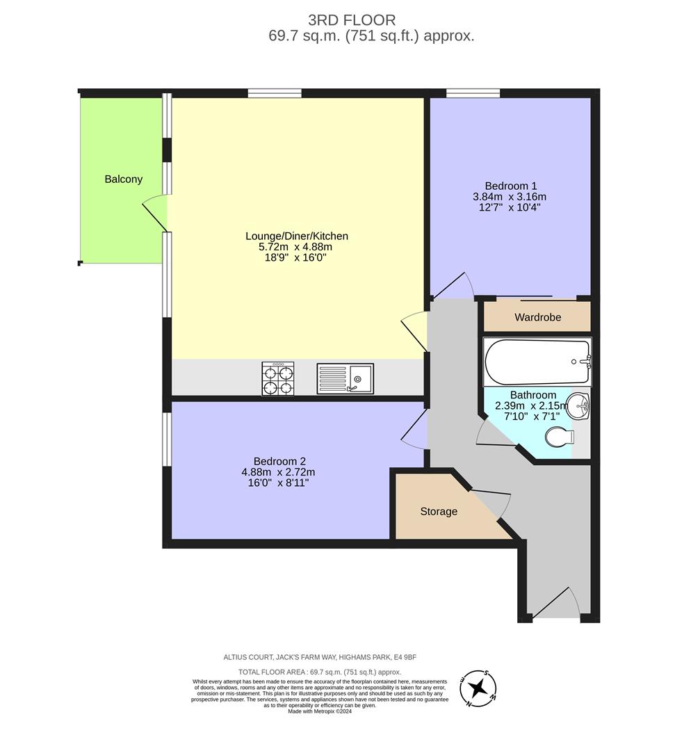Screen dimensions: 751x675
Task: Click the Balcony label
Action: click(x=123, y=179)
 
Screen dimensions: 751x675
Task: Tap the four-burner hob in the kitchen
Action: click(x=277, y=379)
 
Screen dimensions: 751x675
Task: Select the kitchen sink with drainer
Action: click(x=345, y=379)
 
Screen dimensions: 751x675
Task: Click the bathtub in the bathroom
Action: click(x=536, y=362)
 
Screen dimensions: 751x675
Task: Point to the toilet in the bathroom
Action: click(x=559, y=437)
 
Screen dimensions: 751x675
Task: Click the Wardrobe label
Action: click(x=537, y=317)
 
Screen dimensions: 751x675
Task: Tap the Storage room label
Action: click(x=439, y=512)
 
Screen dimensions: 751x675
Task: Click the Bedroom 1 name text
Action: click(x=510, y=186)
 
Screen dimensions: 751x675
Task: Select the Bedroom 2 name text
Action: click(x=279, y=461)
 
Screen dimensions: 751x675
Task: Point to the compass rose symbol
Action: click(x=478, y=688)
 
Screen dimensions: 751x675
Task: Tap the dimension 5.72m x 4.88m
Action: click(x=295, y=247)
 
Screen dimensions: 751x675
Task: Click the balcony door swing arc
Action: click(x=155, y=213)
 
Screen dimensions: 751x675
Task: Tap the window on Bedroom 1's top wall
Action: click(x=473, y=93)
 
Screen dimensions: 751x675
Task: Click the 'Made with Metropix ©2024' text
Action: click(x=320, y=711)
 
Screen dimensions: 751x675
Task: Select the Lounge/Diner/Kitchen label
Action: click(x=296, y=236)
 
